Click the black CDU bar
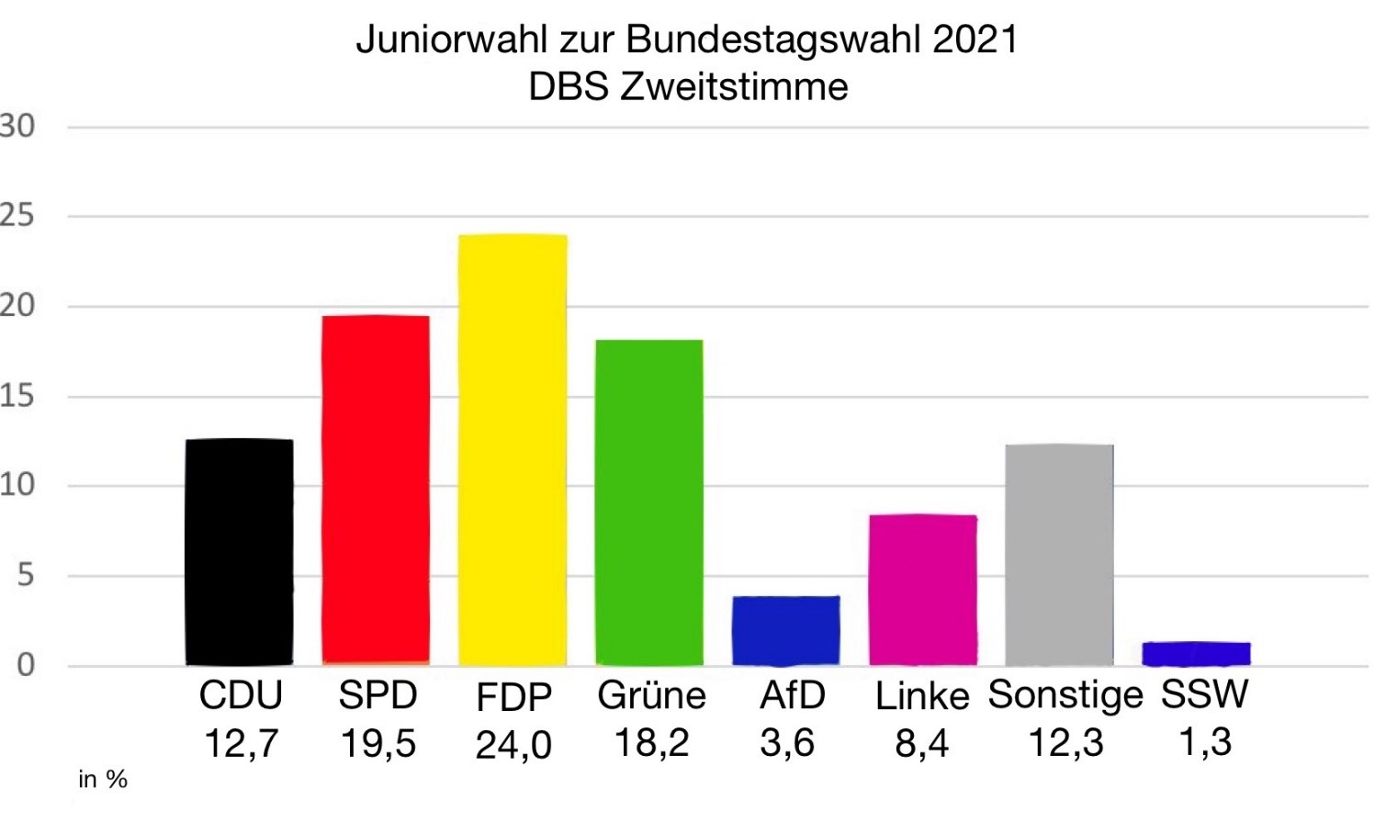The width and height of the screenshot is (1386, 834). [239, 552]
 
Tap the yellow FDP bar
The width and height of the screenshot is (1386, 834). [513, 450]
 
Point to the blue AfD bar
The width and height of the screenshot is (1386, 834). [785, 631]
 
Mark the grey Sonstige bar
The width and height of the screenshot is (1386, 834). [1059, 555]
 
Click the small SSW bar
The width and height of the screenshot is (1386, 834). [1196, 653]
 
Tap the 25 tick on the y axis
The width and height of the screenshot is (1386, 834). [17, 217]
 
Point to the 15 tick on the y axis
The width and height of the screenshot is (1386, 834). [17, 397]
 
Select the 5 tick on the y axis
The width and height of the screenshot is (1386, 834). [25, 576]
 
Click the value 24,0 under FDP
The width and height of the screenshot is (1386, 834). [513, 745]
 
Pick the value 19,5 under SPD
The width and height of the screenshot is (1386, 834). [377, 743]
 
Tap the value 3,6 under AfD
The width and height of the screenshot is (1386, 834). [787, 742]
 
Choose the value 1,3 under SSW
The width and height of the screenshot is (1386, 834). [1204, 741]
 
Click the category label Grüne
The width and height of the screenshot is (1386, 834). [651, 695]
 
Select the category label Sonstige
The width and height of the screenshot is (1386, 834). [1065, 695]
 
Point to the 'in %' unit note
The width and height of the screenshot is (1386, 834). [103, 780]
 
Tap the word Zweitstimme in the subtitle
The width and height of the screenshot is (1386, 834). [734, 87]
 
